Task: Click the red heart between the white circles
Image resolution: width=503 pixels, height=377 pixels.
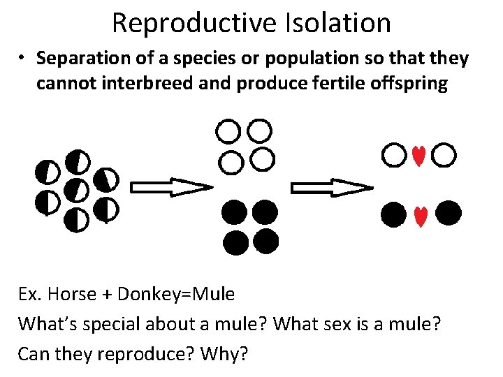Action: pos(418,156)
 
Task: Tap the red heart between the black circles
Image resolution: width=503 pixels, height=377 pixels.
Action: pos(420,216)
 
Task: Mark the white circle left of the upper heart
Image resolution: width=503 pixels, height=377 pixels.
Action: pos(393,155)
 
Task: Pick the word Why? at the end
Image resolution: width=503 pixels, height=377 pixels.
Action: pos(224,354)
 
